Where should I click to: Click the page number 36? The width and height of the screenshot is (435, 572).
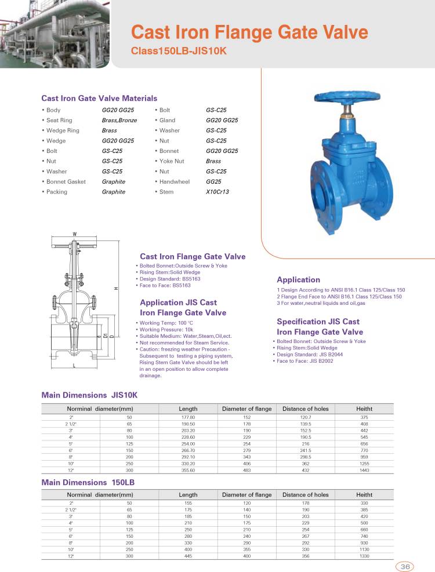[x=405, y=566]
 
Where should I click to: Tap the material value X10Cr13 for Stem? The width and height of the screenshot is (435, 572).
[x=217, y=192]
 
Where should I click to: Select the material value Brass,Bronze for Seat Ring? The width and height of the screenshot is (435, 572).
[x=119, y=120]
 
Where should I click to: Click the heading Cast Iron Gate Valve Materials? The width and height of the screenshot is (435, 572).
[x=99, y=99]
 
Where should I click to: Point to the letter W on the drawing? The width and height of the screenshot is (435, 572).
[x=75, y=234]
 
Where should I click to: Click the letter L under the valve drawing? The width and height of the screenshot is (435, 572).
[x=74, y=365]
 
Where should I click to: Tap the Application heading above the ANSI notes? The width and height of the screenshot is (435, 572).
[x=298, y=280]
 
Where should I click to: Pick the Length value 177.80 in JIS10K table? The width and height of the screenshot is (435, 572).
[x=188, y=417]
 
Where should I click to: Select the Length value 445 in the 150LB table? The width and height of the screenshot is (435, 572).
[x=188, y=556]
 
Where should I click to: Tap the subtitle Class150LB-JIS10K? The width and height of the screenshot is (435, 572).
[x=178, y=51]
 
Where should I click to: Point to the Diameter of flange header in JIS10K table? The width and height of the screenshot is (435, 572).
[x=246, y=409]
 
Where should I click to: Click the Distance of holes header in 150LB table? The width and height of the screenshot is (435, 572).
[x=305, y=495]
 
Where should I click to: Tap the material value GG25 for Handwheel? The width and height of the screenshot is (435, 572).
[x=213, y=181]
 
